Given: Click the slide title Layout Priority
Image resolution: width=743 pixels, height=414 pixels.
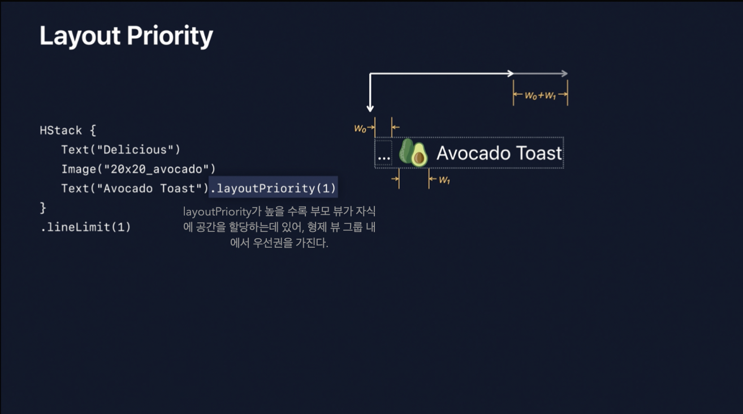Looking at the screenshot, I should click(x=126, y=36).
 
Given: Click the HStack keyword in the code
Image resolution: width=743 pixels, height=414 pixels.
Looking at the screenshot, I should click(x=61, y=130).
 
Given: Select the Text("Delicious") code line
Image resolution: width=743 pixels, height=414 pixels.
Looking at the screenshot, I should click(x=120, y=150).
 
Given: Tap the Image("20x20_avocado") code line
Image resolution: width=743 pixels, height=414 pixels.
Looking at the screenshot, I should click(x=139, y=169).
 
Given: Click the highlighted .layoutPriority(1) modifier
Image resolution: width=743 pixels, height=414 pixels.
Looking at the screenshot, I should click(x=273, y=188).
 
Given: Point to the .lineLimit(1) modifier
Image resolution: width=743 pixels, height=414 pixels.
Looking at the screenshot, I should click(x=85, y=227).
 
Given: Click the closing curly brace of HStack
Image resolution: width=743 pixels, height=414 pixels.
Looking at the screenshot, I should click(x=43, y=208).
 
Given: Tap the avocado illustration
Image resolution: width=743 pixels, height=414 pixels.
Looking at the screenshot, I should click(x=413, y=153).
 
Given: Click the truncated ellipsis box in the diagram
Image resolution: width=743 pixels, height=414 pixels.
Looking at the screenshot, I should click(x=383, y=153).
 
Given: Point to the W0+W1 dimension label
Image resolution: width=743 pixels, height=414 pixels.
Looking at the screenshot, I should click(x=540, y=96).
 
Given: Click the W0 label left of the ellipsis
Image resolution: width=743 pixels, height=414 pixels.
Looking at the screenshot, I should click(x=360, y=129).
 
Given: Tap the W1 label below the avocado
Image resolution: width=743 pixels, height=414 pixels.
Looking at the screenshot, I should click(x=444, y=180).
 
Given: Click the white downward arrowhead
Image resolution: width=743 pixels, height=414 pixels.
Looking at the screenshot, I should click(x=370, y=107).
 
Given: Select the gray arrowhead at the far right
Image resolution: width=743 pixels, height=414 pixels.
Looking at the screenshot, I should click(x=564, y=73).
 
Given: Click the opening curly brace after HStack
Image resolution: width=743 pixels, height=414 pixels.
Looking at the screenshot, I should click(x=92, y=131).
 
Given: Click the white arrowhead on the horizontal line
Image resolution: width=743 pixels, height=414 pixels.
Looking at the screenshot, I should click(x=510, y=73).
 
